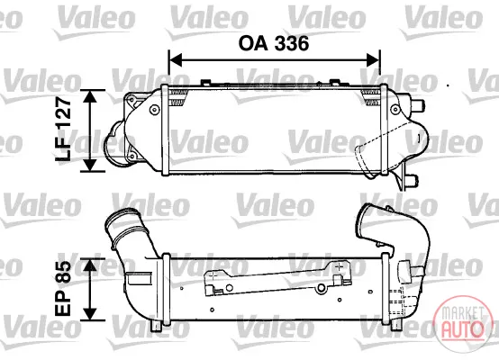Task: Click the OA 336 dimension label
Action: [x=274, y=43]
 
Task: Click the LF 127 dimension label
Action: [x=63, y=130]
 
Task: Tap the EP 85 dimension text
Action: [x=63, y=289]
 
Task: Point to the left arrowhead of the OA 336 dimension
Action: [x=176, y=59]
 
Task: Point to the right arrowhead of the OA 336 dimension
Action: [x=373, y=59]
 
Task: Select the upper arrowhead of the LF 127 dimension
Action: [x=90, y=96]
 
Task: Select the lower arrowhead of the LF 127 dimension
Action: [x=90, y=165]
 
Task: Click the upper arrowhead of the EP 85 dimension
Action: [x=90, y=265]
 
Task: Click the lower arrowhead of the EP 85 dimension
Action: [x=90, y=314]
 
